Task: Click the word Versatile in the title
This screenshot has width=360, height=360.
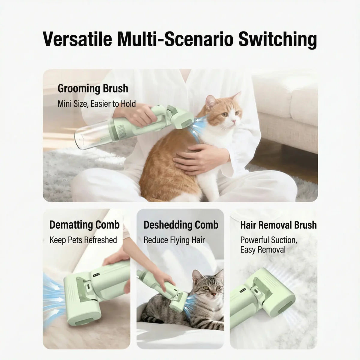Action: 77,39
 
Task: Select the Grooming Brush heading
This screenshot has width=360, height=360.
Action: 93,89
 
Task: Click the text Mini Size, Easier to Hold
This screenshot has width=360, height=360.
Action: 97,104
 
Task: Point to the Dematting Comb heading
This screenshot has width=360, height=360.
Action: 84,225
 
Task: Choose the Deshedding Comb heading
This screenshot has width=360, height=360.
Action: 181,225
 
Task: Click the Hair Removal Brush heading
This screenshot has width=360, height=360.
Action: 278,225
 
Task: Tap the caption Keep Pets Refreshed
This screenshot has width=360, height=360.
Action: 83,240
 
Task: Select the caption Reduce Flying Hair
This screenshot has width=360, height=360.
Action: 174,240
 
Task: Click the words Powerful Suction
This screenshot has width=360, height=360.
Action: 268,240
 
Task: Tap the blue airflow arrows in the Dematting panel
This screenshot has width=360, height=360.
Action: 54,294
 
